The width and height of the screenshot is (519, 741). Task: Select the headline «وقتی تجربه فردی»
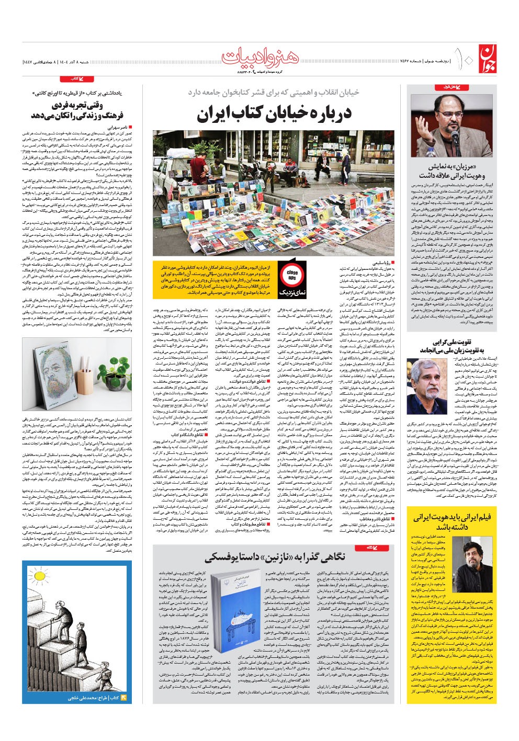pos(77,110)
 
